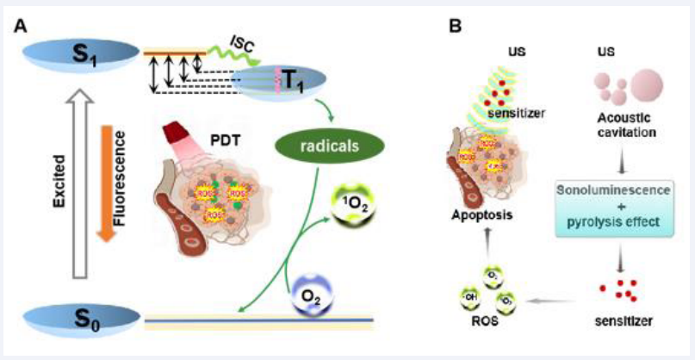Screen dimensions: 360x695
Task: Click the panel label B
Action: pos(458,26)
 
